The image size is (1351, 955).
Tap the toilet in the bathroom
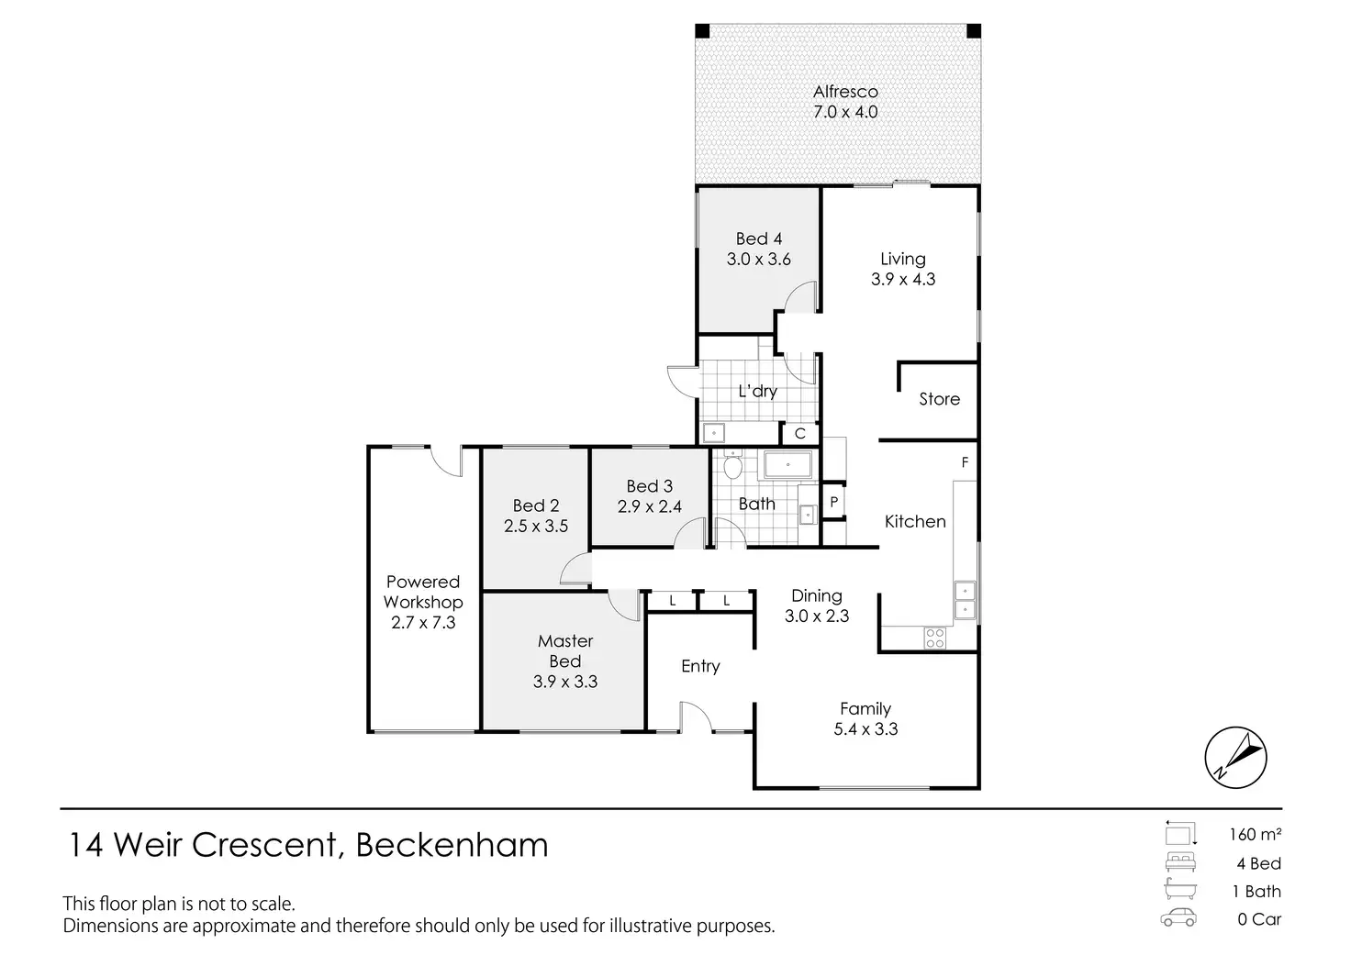pos(732,468)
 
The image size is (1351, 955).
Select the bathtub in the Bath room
pos(787,466)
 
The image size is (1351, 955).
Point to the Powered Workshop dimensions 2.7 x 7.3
pos(423,623)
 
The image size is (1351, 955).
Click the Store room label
pos(939,399)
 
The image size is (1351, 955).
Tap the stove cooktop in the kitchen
pos(934,638)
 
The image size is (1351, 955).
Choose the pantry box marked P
pos(833,502)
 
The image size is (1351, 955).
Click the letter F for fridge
pos(965,462)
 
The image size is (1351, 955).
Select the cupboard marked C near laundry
pos(799,434)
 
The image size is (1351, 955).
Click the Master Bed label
pos(565,650)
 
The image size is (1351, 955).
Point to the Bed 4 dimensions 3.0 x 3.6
pos(758,260)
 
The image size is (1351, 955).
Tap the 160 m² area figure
pos(1255,835)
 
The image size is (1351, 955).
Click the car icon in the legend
pos(1178,918)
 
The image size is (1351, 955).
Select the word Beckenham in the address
pos(452,844)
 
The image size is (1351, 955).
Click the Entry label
pos(700,666)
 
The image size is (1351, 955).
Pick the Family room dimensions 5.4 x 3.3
pos(865,729)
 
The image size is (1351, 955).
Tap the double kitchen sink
pos(964,599)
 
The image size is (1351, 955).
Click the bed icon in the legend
pos(1178,862)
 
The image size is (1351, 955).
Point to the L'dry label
pos(757,391)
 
